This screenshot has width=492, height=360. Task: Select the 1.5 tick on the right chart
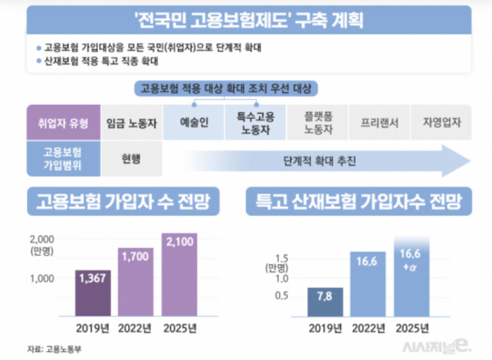(x=281, y=257)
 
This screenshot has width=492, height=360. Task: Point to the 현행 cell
(x=127, y=157)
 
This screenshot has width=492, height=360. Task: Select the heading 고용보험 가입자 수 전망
(x=122, y=201)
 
